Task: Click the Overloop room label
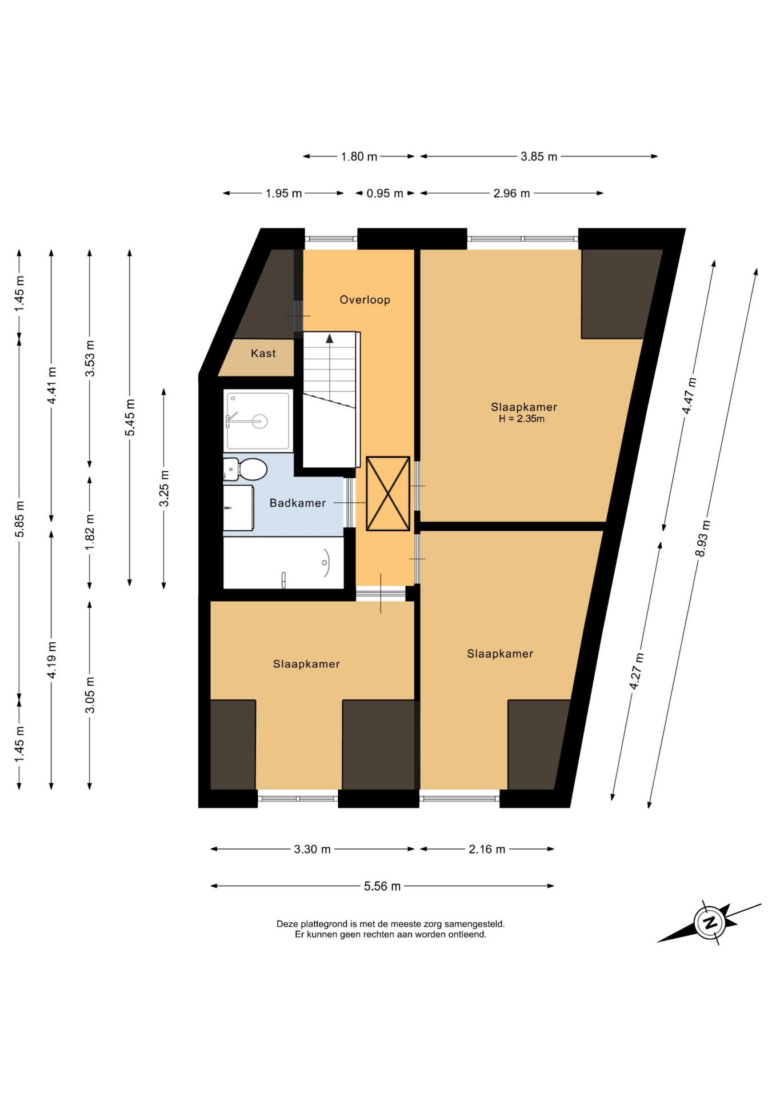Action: pyautogui.click(x=365, y=299)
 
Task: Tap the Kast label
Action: pyautogui.click(x=263, y=353)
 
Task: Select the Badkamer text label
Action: pyautogui.click(x=297, y=503)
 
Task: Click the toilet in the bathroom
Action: pyautogui.click(x=246, y=469)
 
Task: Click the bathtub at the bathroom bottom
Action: pyautogui.click(x=283, y=563)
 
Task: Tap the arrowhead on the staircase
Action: pyautogui.click(x=329, y=338)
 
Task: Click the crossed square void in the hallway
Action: pyautogui.click(x=388, y=494)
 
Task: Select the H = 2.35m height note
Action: pyautogui.click(x=522, y=419)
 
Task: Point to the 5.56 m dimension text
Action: pyautogui.click(x=382, y=886)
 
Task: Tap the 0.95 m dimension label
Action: pyautogui.click(x=385, y=193)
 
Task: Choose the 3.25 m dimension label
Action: pyautogui.click(x=164, y=488)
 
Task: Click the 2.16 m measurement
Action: pyautogui.click(x=487, y=849)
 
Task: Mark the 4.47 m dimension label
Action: pyautogui.click(x=689, y=396)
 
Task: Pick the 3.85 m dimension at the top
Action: pyautogui.click(x=538, y=157)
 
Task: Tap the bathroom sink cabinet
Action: pyautogui.click(x=238, y=508)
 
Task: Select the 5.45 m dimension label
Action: pyautogui.click(x=130, y=417)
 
